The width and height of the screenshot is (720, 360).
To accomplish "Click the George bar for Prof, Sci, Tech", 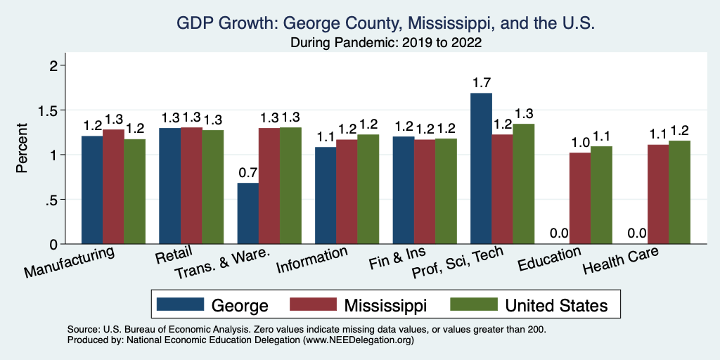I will (481, 169).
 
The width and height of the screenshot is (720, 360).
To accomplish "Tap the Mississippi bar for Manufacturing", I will (114, 186).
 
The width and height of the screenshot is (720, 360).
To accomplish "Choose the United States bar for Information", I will (368, 189).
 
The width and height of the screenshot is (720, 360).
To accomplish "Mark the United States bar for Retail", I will (213, 186).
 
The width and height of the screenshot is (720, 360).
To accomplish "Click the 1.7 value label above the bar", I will (481, 82).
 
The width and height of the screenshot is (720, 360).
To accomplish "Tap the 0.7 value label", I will (248, 173).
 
